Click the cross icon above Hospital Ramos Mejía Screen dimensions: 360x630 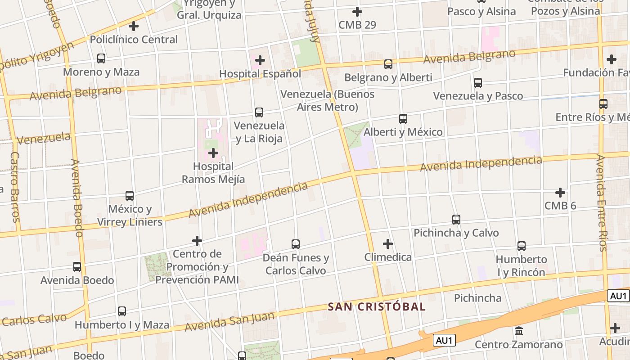click(213, 153)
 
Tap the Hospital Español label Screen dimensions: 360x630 click(260, 73)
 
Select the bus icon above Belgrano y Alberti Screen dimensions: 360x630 click(388, 64)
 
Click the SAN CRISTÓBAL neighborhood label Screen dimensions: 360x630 click(376, 307)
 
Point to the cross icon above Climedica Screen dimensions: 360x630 click(388, 244)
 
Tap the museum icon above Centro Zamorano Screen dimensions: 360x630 click(519, 331)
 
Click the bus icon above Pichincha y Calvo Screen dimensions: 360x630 click(456, 220)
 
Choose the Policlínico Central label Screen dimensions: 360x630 click(134, 40)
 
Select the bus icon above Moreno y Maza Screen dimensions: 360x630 click(101, 58)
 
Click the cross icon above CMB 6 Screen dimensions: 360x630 click(560, 193)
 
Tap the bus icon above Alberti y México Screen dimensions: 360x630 click(403, 119)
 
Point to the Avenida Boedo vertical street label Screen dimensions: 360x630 click(77, 198)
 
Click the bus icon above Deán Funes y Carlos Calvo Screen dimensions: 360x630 click(296, 244)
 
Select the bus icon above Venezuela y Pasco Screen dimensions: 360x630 click(478, 83)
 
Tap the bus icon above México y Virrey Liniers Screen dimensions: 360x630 click(130, 196)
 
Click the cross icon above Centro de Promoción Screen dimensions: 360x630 click(197, 241)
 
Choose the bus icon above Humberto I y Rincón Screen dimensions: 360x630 click(522, 246)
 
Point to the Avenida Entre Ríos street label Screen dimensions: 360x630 click(602, 202)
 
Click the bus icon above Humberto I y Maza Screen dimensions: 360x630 click(122, 311)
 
